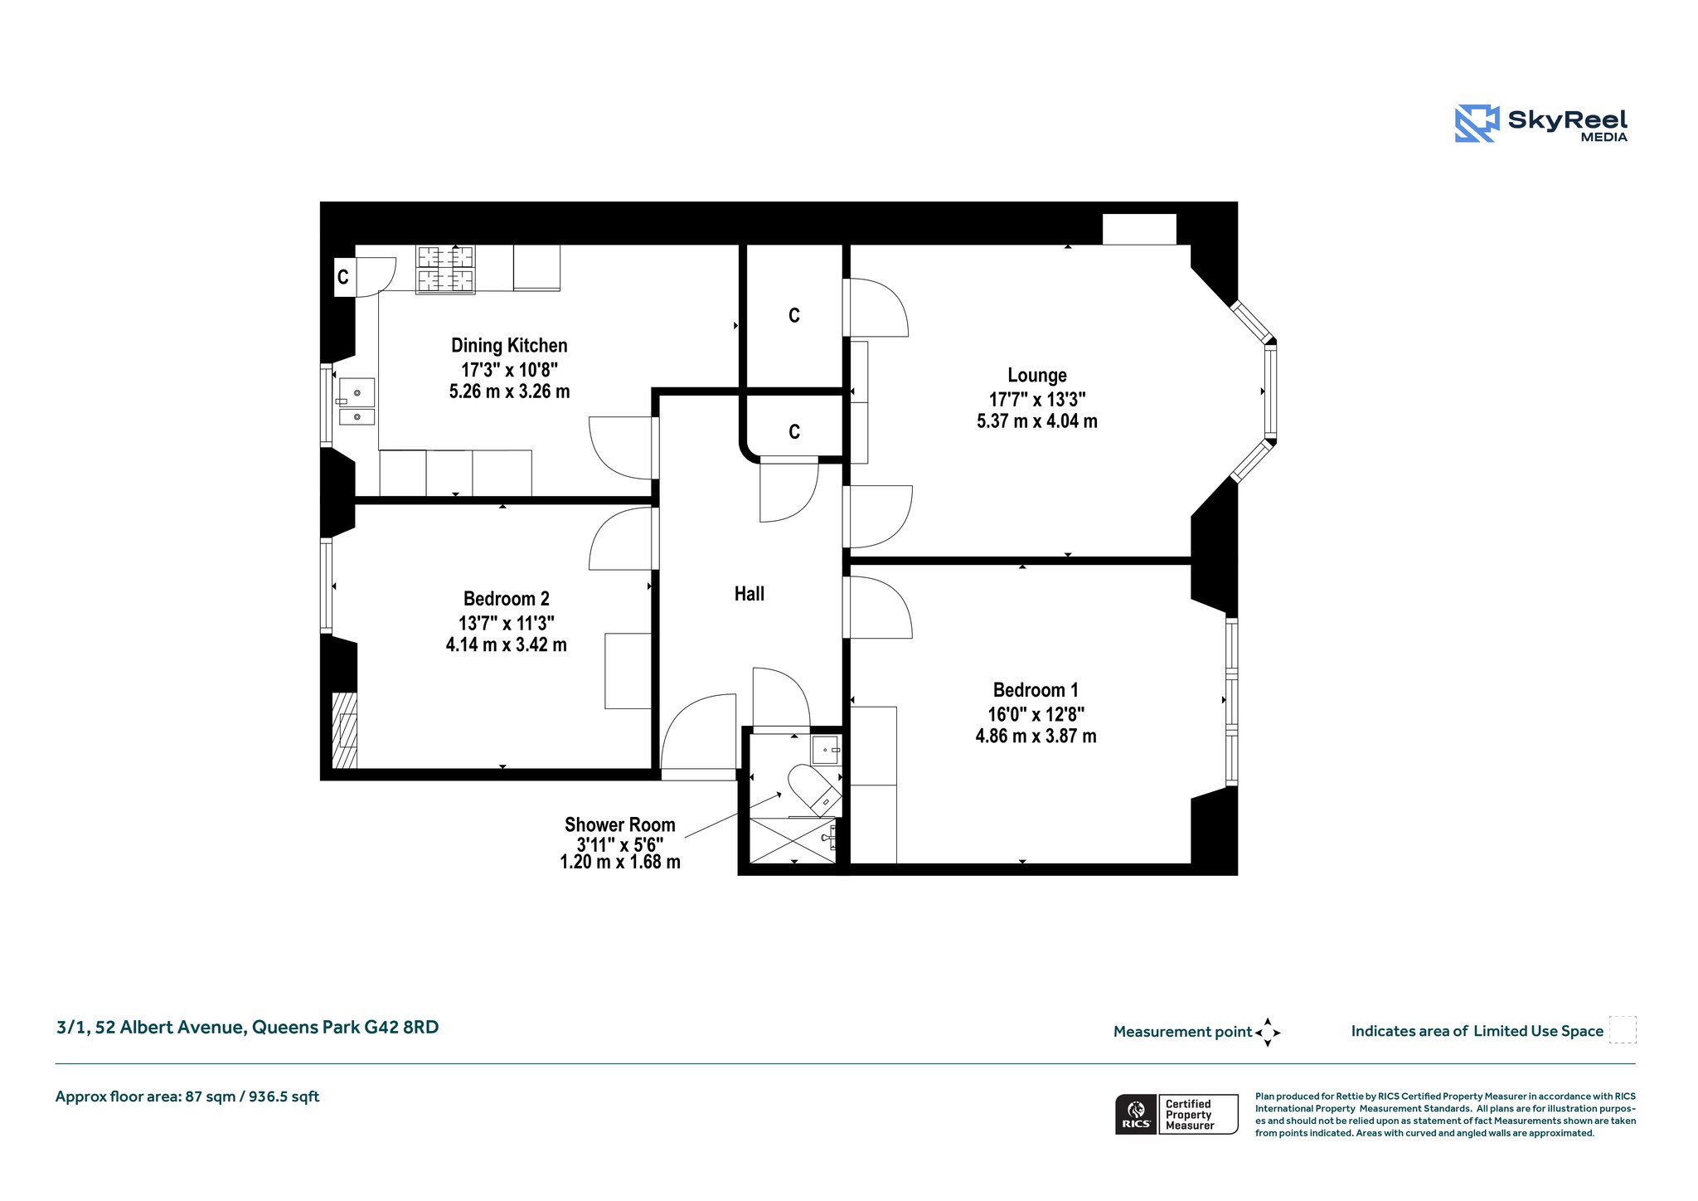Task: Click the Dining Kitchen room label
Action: [x=509, y=346]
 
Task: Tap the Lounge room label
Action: [x=1037, y=376]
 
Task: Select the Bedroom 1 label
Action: [x=1036, y=690]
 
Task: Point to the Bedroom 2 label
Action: [x=506, y=599]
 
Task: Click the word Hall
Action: [x=750, y=594]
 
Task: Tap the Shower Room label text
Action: [x=620, y=824]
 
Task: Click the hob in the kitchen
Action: [x=445, y=270]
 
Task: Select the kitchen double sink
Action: [x=357, y=401]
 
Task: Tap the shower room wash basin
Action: [x=826, y=750]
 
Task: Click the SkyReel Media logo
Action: [x=1541, y=124]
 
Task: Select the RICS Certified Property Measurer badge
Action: [x=1176, y=1115]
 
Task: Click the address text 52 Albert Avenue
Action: [x=170, y=1028]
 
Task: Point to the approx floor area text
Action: [x=187, y=1096]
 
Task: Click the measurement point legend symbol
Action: [x=1268, y=1033]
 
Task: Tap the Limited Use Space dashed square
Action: [x=1623, y=1030]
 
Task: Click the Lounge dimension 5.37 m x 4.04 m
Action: [x=1037, y=421]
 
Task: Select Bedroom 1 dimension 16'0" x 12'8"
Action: [x=1036, y=714]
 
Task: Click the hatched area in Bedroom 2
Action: [x=345, y=731]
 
